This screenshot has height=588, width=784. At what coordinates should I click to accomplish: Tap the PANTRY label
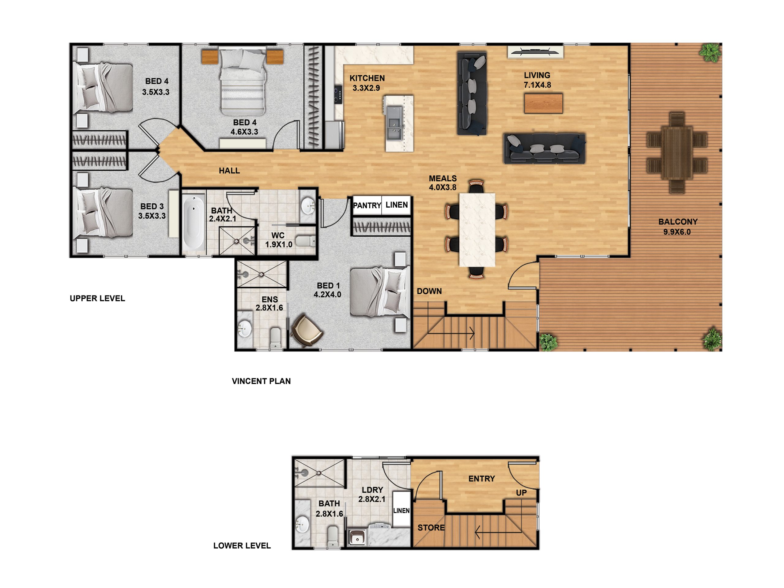[x=367, y=205]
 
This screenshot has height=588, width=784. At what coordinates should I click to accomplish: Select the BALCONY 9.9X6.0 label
[x=678, y=227]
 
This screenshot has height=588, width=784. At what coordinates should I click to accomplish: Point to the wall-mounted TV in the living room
[x=535, y=51]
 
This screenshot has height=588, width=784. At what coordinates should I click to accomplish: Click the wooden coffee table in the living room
[x=543, y=103]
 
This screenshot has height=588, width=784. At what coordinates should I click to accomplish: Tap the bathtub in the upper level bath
[x=194, y=223]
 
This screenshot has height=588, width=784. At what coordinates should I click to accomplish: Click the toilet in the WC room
[x=305, y=241]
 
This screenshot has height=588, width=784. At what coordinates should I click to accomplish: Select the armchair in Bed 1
[x=307, y=330]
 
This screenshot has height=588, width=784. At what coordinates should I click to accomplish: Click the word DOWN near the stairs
[x=429, y=291]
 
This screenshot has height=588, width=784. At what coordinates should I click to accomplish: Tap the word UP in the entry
[x=521, y=493]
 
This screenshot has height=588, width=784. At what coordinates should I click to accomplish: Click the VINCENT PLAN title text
[x=261, y=381]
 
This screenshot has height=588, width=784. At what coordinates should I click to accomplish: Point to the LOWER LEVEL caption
[x=242, y=545]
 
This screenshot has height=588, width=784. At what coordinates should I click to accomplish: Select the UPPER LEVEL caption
[x=97, y=298]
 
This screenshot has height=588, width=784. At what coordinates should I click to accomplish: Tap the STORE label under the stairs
[x=431, y=527]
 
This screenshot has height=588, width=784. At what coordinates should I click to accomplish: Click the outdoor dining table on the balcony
[x=677, y=153]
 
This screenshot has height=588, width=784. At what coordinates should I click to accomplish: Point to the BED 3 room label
[x=152, y=211]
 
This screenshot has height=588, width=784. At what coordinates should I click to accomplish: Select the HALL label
[x=229, y=171]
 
